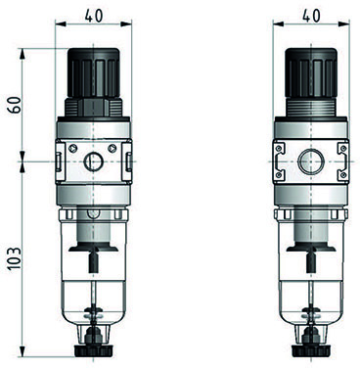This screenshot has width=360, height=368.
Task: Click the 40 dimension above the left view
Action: pos(94,16)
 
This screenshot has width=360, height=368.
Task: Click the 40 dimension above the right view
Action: pos(311,16)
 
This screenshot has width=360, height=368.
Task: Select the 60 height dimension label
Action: pos(15,105)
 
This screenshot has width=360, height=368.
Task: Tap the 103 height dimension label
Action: pos(15,258)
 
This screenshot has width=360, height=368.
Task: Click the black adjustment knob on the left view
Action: pos(94,72)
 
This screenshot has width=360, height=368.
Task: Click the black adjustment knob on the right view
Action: pos(311,72)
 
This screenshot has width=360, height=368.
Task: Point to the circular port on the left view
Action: pos(93,161)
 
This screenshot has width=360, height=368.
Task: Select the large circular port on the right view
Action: pos(311,161)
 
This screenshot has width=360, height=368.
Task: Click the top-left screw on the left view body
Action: pos(74,148)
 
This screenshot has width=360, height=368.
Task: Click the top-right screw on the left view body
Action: pos(112,148)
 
